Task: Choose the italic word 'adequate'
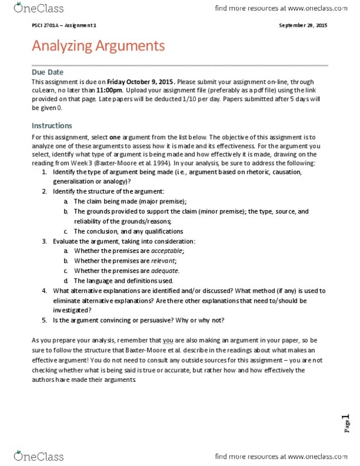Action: (x=164, y=271)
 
